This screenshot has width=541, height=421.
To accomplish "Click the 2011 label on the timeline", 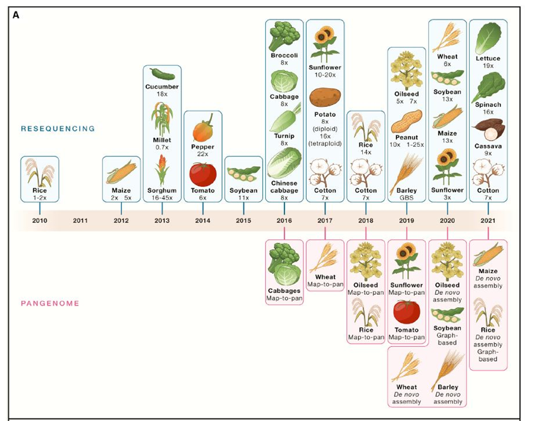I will [80, 220].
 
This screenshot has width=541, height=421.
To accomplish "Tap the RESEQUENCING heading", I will [58, 129].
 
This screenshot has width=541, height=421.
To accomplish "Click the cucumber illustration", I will [162, 74].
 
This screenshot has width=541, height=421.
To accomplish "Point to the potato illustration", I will [325, 97].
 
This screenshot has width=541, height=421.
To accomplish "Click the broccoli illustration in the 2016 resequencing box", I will [285, 39].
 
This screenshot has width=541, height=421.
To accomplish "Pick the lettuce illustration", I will [488, 39].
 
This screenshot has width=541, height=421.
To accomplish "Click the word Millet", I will [163, 140].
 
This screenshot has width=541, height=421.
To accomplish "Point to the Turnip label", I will [285, 136].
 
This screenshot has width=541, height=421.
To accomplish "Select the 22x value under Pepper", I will [203, 154].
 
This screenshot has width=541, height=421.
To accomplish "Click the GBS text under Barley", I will [407, 199].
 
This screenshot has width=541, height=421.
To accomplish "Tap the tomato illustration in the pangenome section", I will [407, 312].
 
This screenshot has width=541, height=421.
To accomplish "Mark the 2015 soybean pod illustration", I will [243, 174].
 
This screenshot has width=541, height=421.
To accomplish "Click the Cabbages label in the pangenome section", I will [285, 290].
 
